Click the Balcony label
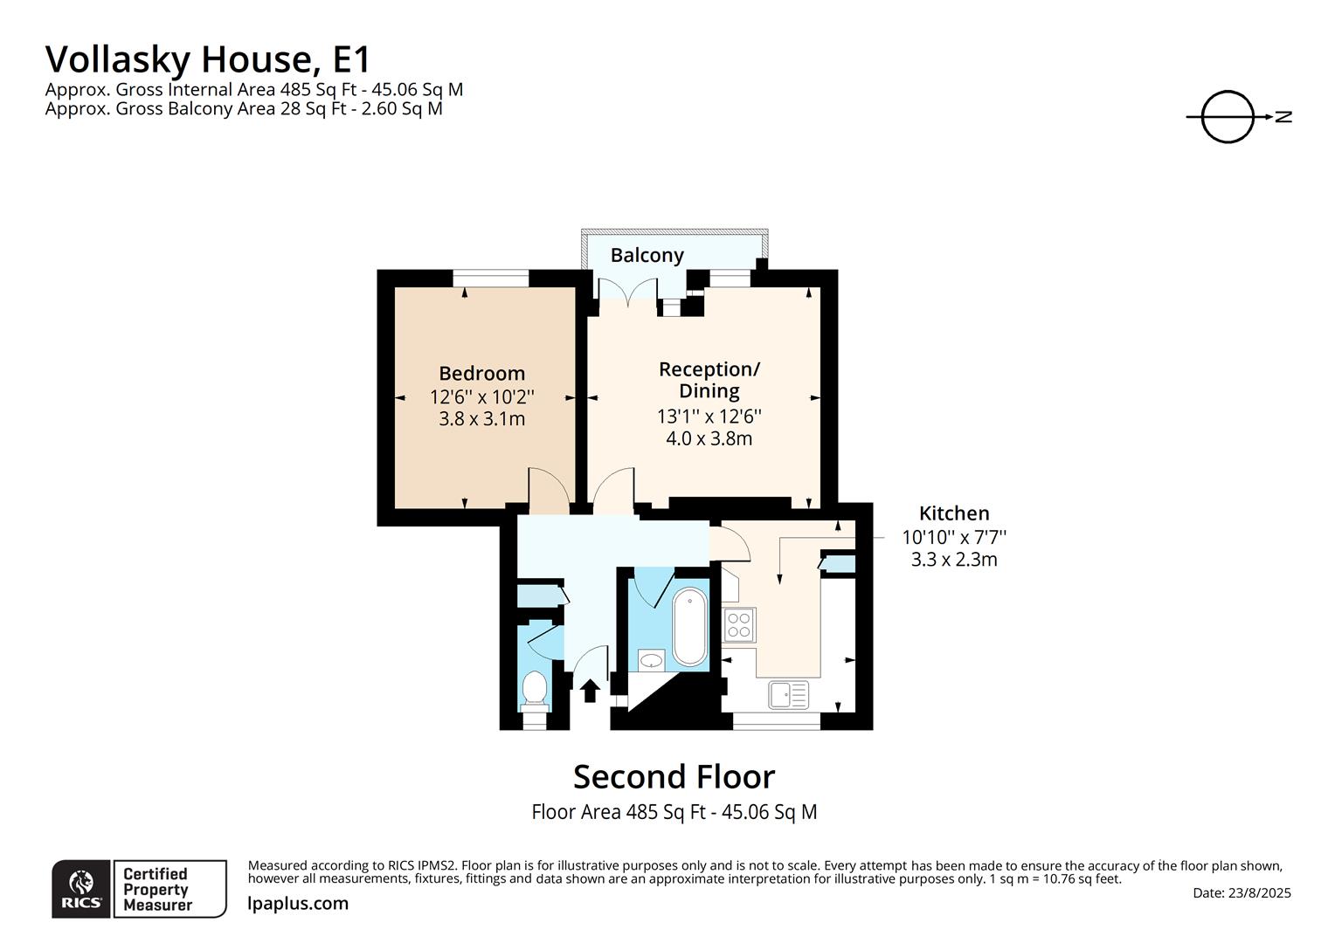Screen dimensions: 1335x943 (647, 256)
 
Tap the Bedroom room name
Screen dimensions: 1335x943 (482, 374)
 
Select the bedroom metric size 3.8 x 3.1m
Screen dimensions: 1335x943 (482, 419)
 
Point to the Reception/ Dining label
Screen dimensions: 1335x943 (709, 380)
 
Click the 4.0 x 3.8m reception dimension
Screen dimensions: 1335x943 (709, 439)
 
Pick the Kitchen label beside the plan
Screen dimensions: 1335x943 (954, 513)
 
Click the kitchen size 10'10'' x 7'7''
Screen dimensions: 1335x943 (954, 537)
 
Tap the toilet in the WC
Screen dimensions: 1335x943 (535, 692)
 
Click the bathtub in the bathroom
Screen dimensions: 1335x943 (689, 627)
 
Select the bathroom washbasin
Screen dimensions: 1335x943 (652, 660)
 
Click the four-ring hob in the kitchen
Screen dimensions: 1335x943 (739, 625)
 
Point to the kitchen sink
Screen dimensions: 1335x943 (788, 695)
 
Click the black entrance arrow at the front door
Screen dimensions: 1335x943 (590, 691)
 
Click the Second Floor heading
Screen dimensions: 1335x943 (674, 777)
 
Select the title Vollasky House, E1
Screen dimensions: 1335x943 (208, 59)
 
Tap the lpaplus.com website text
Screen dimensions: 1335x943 (298, 904)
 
